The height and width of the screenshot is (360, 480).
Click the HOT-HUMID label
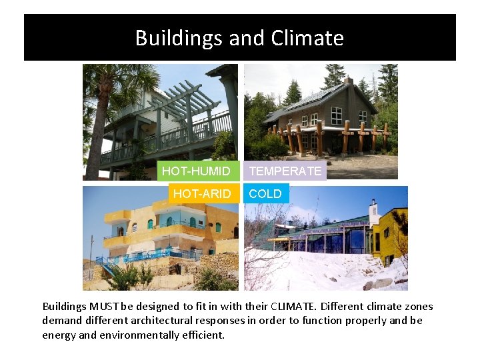(197, 171)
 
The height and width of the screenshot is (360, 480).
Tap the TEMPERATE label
(285, 171)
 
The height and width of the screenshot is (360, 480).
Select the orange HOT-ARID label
(201, 194)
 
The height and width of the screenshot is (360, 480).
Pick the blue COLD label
(265, 194)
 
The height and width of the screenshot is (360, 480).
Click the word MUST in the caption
(102, 307)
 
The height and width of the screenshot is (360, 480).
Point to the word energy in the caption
(57, 335)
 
